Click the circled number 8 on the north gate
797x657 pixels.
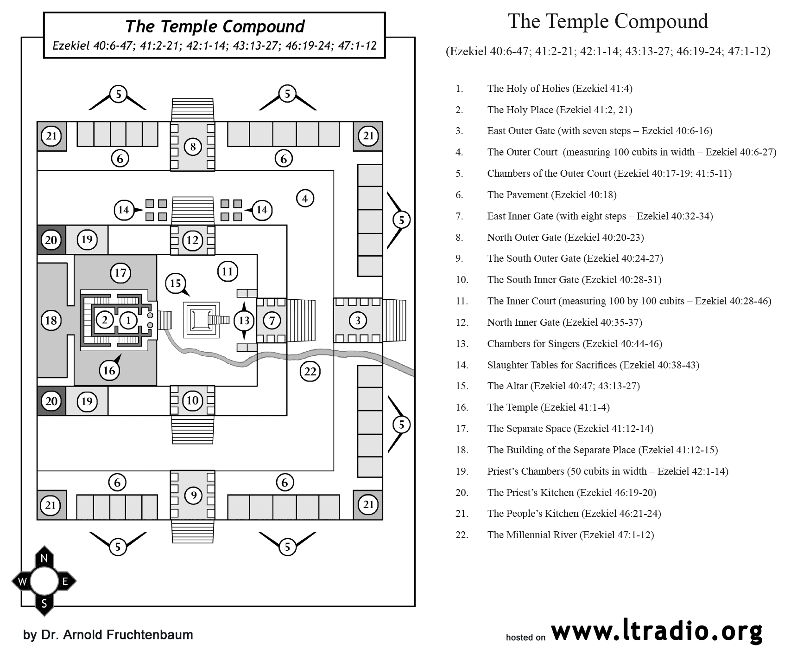[193, 147]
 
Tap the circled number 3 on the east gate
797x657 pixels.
[358, 320]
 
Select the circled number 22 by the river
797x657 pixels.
[310, 371]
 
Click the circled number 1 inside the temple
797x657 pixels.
[128, 320]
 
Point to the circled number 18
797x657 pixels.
[51, 320]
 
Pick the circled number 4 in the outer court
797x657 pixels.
[305, 199]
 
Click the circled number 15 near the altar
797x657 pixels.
[175, 283]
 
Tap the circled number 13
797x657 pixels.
[244, 320]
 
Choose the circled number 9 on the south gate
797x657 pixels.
[194, 495]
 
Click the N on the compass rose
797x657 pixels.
[44, 559]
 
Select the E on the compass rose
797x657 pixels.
[65, 581]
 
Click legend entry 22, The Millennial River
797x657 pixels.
[555, 535]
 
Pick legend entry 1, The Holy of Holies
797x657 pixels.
[544, 89]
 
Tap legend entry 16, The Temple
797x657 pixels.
[532, 407]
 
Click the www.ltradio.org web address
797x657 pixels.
[657, 631]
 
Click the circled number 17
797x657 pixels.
[120, 272]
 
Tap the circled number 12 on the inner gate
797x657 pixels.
[192, 240]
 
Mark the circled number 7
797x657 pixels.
[272, 320]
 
